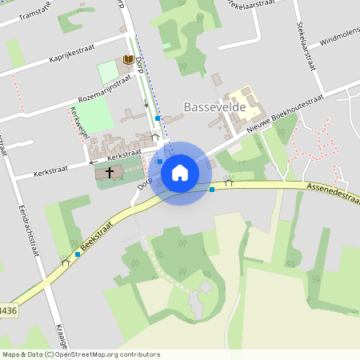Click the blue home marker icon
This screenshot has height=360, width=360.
pyautogui.click(x=180, y=172)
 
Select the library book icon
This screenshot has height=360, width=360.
pyautogui.click(x=126, y=61)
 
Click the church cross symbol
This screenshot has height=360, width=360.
pyautogui.click(x=109, y=172)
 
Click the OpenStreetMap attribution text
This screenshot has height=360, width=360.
pyautogui.click(x=81, y=354)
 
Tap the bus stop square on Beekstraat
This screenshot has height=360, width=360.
pyautogui.click(x=78, y=254)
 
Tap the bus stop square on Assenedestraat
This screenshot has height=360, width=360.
pyautogui.click(x=212, y=190)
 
